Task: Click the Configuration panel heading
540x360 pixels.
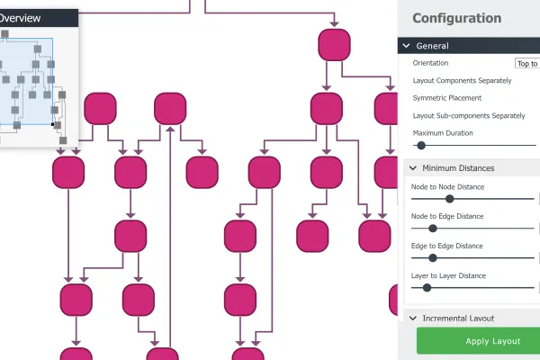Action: [456, 18]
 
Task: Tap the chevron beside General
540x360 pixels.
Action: [407, 46]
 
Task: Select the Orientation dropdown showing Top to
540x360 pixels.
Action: [527, 63]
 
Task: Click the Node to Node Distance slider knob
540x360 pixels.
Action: [449, 199]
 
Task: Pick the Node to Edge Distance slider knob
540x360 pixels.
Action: [433, 228]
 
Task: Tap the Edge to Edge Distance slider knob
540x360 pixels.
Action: [433, 257]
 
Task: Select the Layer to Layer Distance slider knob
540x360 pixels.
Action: [427, 288]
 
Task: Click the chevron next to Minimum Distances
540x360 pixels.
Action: [413, 168]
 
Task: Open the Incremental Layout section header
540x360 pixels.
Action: [458, 318]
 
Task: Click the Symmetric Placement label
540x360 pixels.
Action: [447, 98]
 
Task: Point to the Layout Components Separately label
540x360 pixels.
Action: [463, 81]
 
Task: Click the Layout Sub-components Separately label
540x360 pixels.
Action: [469, 116]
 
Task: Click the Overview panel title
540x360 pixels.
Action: [21, 18]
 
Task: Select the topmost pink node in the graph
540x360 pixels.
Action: [335, 45]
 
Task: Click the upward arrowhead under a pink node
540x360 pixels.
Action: [170, 130]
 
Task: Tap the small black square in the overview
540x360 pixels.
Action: [53, 124]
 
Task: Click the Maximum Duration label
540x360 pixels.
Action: [443, 133]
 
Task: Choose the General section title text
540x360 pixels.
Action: [432, 46]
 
